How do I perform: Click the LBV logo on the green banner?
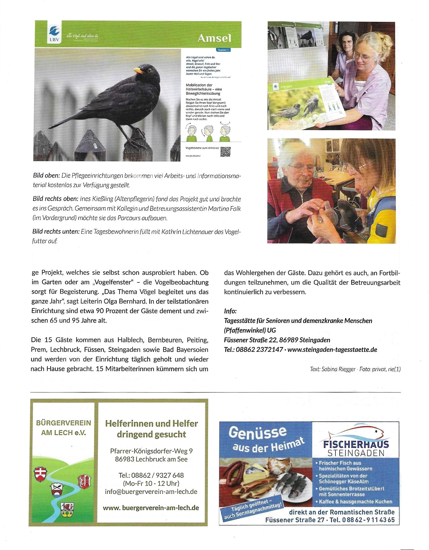point(54,34)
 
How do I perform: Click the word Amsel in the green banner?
point(214,38)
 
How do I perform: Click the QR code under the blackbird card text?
point(226,152)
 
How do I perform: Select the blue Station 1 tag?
point(223,50)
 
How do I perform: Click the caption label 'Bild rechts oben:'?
point(55,199)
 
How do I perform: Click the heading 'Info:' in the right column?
point(230,311)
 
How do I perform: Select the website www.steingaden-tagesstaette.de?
point(332,350)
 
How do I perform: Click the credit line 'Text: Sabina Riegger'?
point(333,369)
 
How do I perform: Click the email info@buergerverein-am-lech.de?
point(151,492)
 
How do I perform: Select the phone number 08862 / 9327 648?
point(151,475)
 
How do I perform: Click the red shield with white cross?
point(41,474)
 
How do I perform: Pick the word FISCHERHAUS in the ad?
point(356,444)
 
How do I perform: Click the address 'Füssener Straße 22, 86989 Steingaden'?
point(277,340)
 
